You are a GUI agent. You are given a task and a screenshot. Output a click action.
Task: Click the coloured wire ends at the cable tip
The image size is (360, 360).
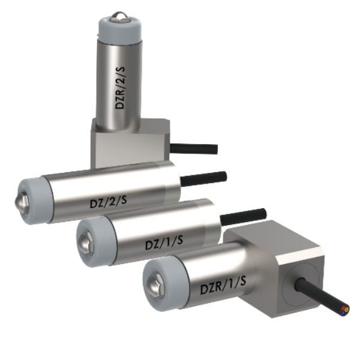(x=344, y=310)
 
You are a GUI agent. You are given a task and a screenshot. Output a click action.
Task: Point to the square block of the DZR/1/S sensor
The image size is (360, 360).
(x=282, y=264)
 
